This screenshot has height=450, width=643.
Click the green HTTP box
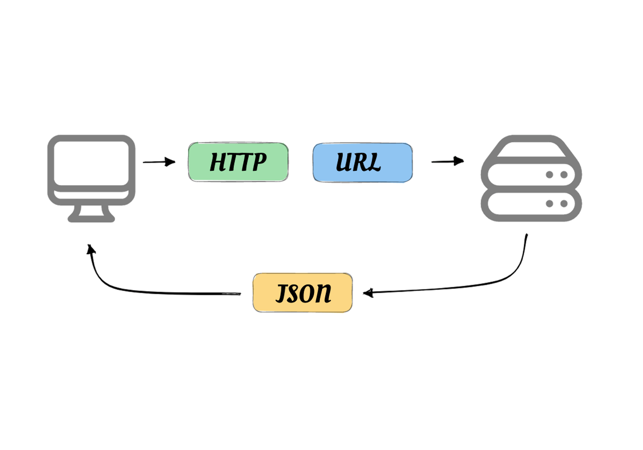(238, 162)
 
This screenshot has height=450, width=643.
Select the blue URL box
(363, 162)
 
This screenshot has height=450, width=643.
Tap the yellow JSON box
(303, 293)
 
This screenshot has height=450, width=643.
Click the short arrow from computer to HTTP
(159, 162)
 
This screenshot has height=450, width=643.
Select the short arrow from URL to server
(447, 161)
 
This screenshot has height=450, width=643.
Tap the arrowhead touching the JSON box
(368, 293)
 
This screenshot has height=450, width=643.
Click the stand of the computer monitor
(91, 214)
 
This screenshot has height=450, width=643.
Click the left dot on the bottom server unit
(550, 203)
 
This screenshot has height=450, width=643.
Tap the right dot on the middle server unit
(563, 174)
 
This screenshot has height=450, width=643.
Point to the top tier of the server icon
(531, 148)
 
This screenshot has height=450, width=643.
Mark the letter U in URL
(345, 162)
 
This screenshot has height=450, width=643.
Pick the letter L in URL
(375, 162)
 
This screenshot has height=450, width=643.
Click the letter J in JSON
(281, 294)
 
